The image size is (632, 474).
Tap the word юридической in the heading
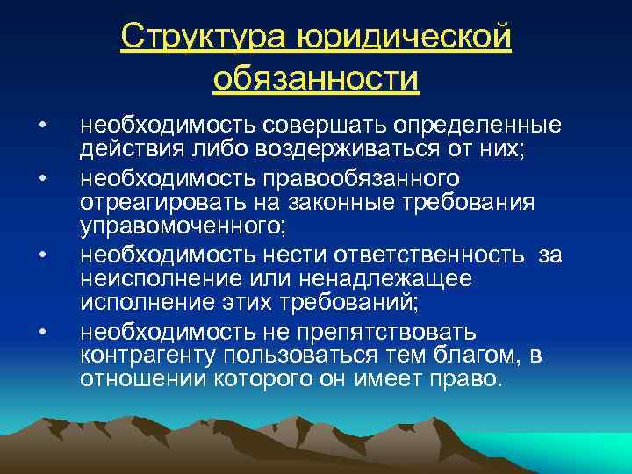[x=405, y=36]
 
